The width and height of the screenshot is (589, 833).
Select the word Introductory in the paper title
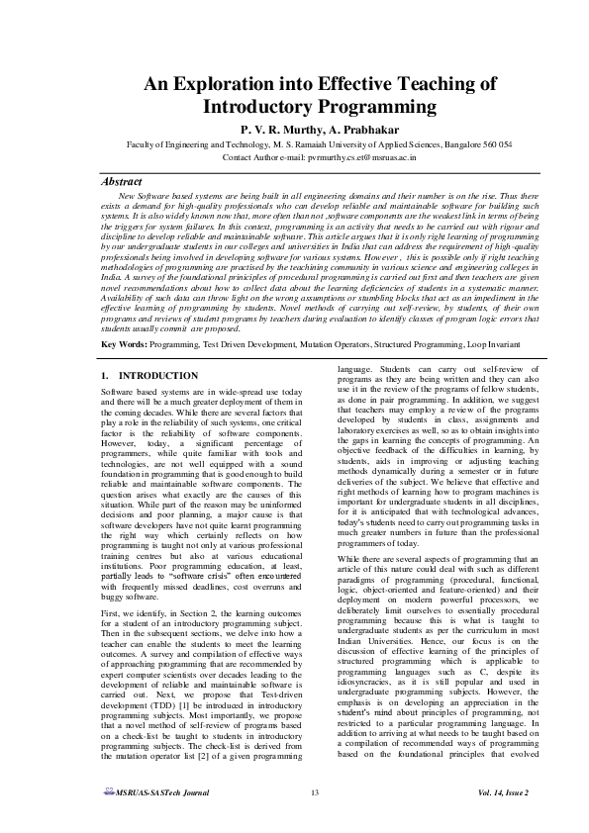pos(260,108)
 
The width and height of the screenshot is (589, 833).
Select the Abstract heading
pos(127,182)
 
